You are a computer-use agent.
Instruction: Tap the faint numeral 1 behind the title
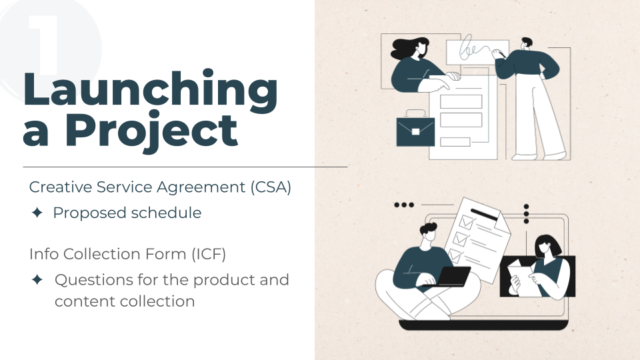pyautogui.click(x=44, y=45)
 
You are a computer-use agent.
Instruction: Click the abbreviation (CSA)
pyautogui.click(x=271, y=187)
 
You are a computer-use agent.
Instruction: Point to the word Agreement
pyautogui.click(x=201, y=187)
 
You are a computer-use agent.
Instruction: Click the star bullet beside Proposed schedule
pyautogui.click(x=37, y=213)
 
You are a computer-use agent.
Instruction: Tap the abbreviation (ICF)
pyautogui.click(x=209, y=254)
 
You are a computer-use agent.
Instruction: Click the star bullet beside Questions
pyautogui.click(x=37, y=279)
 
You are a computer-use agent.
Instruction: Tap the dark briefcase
pyautogui.click(x=415, y=129)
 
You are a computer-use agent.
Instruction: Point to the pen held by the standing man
pyautogui.click(x=500, y=53)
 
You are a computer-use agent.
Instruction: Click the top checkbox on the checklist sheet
pyautogui.click(x=466, y=223)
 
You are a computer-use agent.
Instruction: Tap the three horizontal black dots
pyautogui.click(x=404, y=205)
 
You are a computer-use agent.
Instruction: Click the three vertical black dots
pyautogui.click(x=526, y=214)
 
